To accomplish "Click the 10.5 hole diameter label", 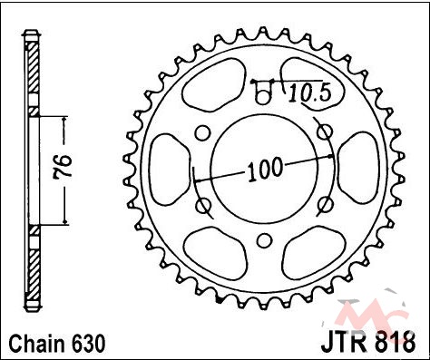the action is click(309, 93).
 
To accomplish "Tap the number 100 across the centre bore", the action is click(265, 170).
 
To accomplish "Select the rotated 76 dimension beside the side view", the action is click(62, 166).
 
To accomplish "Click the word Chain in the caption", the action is click(37, 343).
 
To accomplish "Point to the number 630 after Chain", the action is click(88, 343).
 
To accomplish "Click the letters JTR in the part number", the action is click(344, 342).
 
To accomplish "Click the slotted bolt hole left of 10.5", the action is click(263, 92).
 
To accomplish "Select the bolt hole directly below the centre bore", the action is click(265, 240).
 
